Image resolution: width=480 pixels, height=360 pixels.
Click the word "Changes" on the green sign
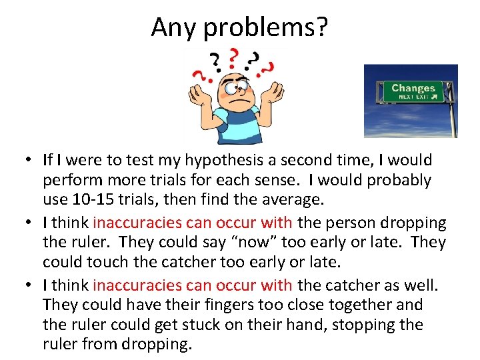click(x=413, y=88)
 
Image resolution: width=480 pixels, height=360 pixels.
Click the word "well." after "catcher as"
click(x=421, y=285)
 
